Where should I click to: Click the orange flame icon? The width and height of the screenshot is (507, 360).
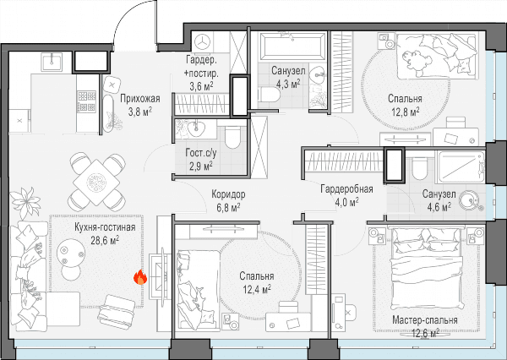140,277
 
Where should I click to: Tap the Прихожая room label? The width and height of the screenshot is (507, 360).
140,98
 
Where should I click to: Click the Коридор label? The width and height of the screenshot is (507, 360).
228,194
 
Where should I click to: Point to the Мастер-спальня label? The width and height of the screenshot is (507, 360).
425,320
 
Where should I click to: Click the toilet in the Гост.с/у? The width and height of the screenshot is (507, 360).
232,136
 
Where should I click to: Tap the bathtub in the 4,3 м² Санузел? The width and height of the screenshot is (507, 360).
292,46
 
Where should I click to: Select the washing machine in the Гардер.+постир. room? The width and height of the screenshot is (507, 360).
204,41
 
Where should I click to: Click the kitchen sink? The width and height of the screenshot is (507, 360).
52,62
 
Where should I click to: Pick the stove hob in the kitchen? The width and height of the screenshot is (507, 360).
86,101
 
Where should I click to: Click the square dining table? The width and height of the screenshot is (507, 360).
96,183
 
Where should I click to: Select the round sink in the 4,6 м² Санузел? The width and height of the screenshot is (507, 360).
470,199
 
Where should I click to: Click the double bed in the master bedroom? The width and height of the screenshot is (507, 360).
425,269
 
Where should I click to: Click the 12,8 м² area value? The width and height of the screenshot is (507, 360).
406,112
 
